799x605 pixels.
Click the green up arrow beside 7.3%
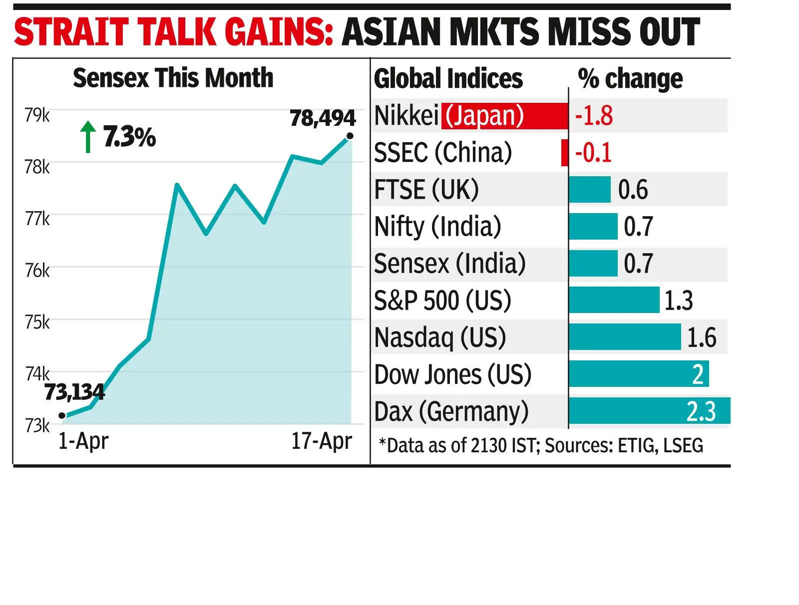point(88,136)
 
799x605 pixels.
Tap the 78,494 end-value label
point(323,118)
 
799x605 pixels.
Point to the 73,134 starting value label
point(74,392)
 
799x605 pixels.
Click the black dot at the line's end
point(350,136)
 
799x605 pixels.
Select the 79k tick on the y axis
point(37,115)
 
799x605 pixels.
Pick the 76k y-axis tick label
point(37,271)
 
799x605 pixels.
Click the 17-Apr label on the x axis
point(322,441)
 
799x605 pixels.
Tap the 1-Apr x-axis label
point(83,441)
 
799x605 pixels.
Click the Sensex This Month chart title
point(173,78)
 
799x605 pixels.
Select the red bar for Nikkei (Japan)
point(504,116)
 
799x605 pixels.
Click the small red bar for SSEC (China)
point(565,153)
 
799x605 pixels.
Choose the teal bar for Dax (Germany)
point(649,411)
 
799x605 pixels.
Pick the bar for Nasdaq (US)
point(624,337)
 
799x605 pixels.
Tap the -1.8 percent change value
point(594,116)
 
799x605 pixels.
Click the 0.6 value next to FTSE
point(633,190)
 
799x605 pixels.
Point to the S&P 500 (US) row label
point(442,301)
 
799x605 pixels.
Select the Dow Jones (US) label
point(452,374)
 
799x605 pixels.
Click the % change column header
point(630,78)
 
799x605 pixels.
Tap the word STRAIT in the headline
point(71,32)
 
